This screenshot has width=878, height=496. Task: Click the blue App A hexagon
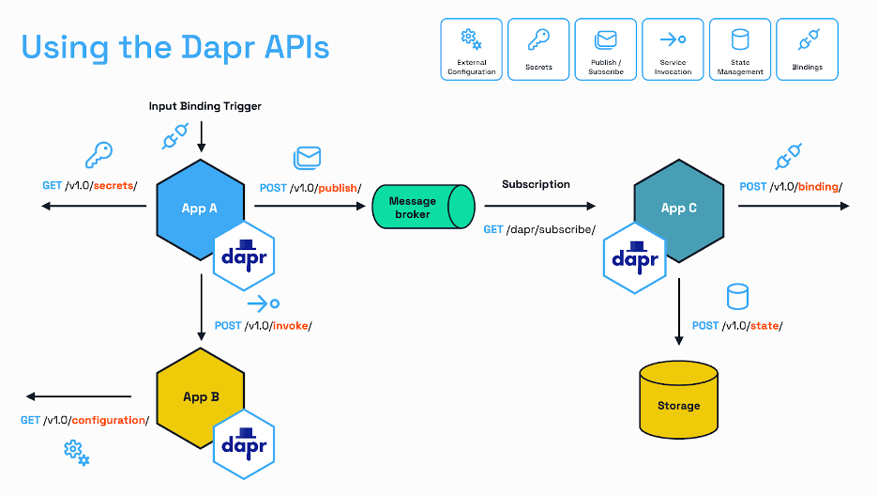201,209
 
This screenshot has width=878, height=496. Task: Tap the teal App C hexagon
678,210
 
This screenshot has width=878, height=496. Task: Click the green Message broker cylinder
423,207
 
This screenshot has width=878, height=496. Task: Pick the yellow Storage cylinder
678,399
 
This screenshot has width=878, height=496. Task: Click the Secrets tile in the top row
538,50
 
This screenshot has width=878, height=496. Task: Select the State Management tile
740,50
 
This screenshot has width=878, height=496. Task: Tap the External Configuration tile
472,50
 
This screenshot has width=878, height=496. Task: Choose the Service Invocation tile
674,50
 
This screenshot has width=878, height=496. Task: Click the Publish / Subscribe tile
606,50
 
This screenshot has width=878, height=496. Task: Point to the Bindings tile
808,50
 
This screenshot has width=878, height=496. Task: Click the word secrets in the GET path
114,185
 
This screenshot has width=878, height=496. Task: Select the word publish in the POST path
338,188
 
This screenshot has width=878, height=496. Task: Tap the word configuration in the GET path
109,420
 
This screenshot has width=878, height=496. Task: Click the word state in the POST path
764,326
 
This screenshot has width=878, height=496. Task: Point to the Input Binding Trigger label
204,106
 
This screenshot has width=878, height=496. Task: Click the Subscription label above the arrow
536,184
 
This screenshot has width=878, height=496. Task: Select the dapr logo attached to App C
635,258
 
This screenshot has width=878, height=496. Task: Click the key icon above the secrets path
99,155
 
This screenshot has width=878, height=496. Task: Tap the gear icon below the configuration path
77,454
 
